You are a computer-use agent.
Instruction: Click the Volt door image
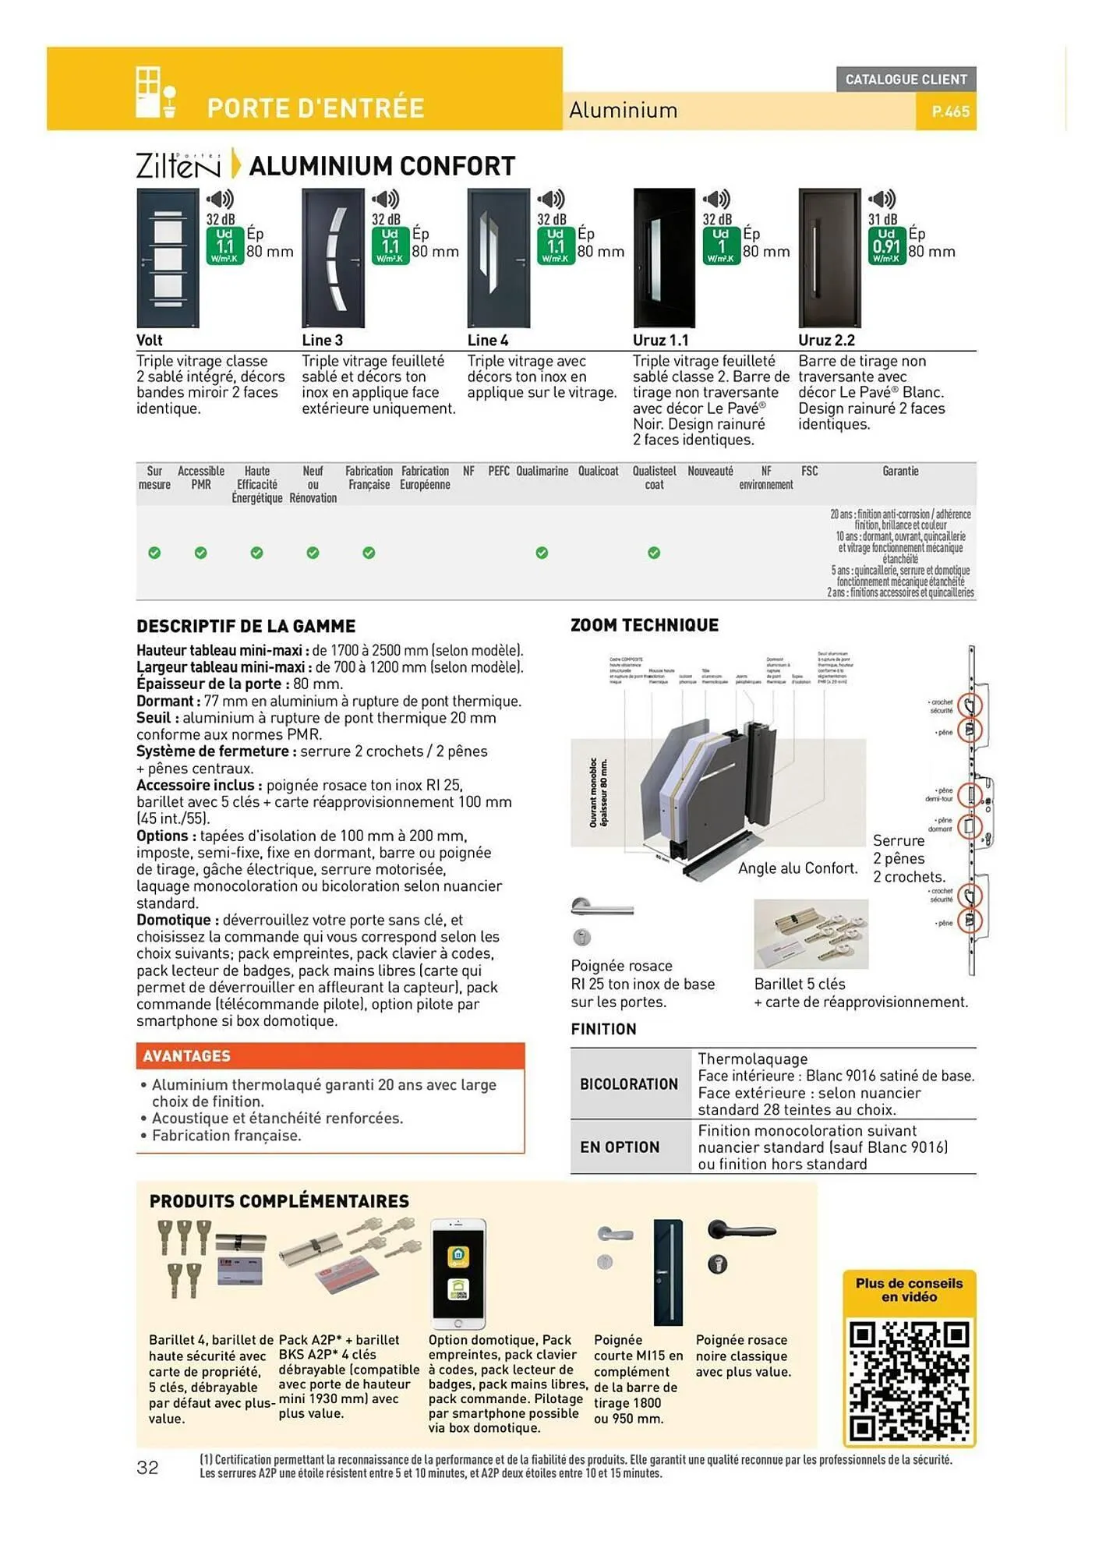(x=168, y=257)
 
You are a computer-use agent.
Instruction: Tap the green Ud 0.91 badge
(x=886, y=246)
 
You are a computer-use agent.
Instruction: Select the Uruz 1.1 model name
(x=660, y=340)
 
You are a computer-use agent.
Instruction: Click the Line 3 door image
(x=333, y=257)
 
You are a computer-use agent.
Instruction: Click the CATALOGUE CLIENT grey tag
(x=906, y=80)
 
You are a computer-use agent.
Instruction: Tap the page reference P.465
(x=950, y=111)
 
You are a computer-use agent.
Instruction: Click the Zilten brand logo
(x=178, y=165)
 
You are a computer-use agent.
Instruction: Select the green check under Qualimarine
(x=542, y=553)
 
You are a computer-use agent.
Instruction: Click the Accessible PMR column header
(x=201, y=477)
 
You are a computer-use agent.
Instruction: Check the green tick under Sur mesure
(x=154, y=553)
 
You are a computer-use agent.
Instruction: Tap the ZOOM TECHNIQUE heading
(x=645, y=625)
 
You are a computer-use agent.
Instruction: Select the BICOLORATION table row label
(x=629, y=1084)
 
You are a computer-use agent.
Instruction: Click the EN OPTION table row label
(x=620, y=1147)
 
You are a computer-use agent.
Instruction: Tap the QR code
(x=909, y=1380)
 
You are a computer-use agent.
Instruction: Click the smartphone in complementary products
(x=458, y=1274)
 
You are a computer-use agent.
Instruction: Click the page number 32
(x=147, y=1468)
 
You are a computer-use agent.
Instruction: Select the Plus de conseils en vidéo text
(x=909, y=1290)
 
